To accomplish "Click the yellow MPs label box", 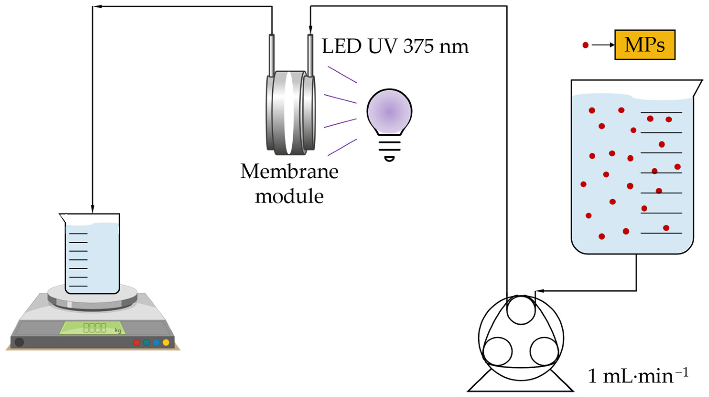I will [x=645, y=45].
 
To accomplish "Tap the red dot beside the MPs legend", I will [x=585, y=45].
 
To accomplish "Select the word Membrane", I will [x=289, y=172].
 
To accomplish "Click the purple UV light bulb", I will [x=389, y=112].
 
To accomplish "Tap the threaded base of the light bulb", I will [x=389, y=150].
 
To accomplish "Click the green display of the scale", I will [x=92, y=328].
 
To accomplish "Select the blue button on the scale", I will [x=156, y=343].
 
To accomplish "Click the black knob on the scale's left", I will [x=19, y=342].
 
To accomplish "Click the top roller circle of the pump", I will [x=521, y=310].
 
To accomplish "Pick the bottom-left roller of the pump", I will [x=498, y=351].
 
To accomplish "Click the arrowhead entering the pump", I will [x=537, y=291].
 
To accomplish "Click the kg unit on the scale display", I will [x=118, y=330].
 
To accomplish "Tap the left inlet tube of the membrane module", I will [x=271, y=55].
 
